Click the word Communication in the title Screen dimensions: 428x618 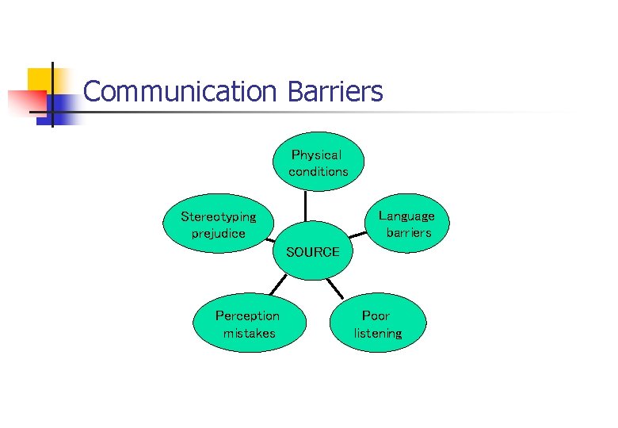178,92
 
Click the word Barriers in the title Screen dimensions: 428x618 335,92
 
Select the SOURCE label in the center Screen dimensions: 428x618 312,252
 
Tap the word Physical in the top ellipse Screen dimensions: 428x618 316,155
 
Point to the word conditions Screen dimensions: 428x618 319,171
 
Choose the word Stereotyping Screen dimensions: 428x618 219,216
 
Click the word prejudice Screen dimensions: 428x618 219,233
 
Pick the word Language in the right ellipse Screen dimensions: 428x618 406,216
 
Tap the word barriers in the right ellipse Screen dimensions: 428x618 409,232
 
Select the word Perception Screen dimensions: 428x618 247,315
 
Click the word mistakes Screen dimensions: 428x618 250,333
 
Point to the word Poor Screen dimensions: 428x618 376,315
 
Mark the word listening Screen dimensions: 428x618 378,333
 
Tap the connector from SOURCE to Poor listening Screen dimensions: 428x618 335,287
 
